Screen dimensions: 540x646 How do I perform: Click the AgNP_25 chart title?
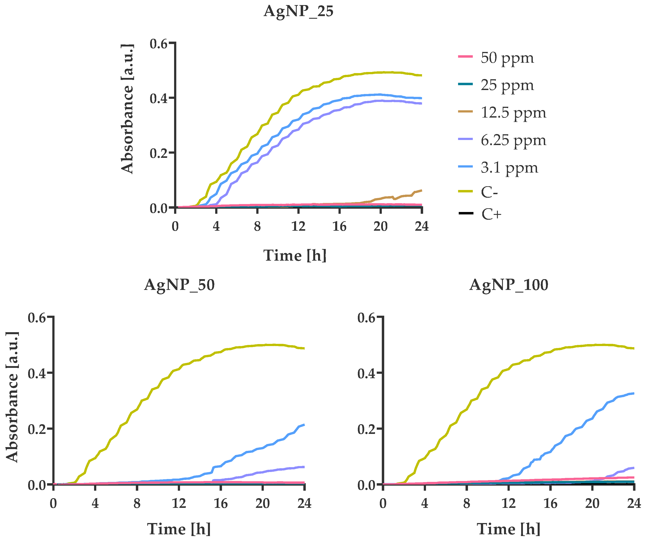pos(298,11)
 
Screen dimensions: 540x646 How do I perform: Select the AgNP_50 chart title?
pos(179,285)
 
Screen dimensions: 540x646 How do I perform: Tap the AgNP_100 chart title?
pos(509,285)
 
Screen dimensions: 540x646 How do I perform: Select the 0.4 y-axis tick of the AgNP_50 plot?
pos(37,374)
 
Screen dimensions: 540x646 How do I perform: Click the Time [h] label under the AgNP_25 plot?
pos(295,256)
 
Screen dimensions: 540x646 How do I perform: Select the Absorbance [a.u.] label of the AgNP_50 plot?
pos(12,397)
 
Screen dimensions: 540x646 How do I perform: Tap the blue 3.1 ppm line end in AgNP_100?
pos(633,393)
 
